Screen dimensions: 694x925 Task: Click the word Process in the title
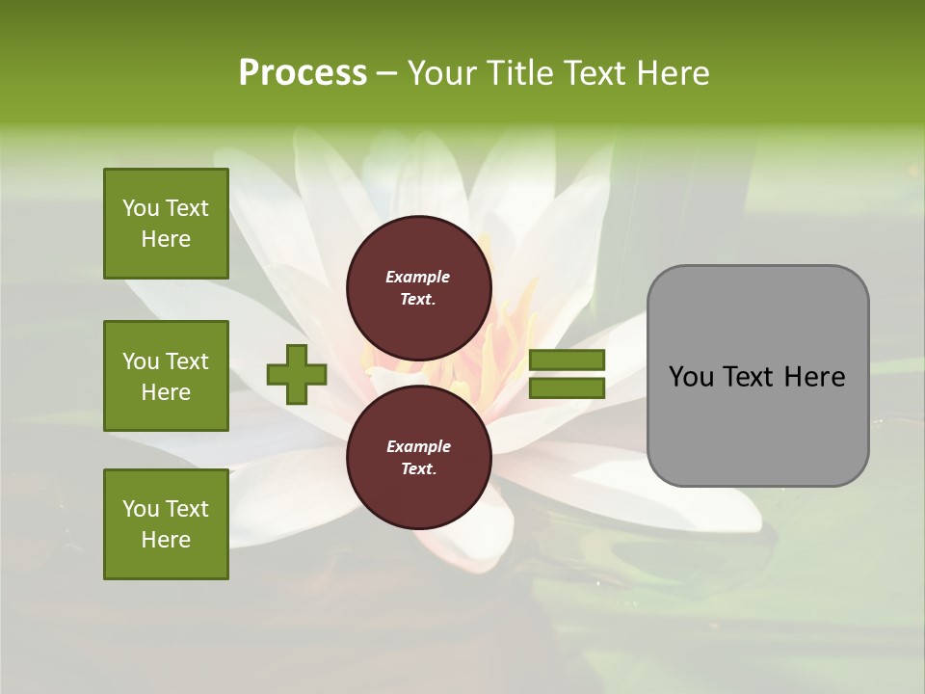pos(303,73)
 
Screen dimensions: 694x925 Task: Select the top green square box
pos(166,224)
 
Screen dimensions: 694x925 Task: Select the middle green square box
pos(166,376)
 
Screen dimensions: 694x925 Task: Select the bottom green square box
pos(166,524)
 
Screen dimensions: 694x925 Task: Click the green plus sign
pos(297,374)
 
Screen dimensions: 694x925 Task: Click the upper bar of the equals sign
pos(567,360)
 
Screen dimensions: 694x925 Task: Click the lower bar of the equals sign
pos(567,388)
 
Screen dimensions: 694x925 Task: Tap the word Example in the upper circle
pos(418,277)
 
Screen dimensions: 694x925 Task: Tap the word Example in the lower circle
pos(418,446)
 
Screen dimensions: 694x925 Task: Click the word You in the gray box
pos(692,377)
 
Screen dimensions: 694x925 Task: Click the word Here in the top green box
pos(166,239)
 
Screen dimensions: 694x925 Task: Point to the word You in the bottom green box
pos(141,509)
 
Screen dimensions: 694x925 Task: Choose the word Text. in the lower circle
pos(418,469)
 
